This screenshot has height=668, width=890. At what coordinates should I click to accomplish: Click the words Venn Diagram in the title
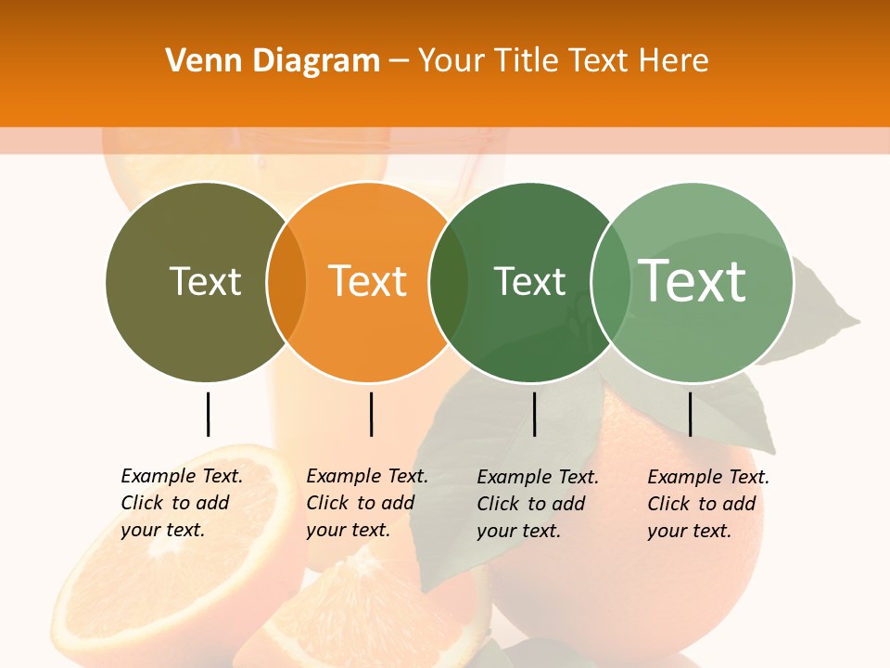coord(273,61)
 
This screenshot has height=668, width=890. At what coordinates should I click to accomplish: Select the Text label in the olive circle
coord(205,281)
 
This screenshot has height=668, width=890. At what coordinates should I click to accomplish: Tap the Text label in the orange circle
coord(367,281)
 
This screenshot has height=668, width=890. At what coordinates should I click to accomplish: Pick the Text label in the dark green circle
coord(529,281)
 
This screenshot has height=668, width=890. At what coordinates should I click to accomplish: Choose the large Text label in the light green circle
coord(693,280)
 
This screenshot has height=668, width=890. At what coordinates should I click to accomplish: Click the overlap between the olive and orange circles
coord(286,282)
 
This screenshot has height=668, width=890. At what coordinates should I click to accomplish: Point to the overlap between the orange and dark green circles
coord(449,282)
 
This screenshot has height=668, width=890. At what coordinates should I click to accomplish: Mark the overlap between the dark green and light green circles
coord(610,282)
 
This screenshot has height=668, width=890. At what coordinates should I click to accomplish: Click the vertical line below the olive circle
coord(208,414)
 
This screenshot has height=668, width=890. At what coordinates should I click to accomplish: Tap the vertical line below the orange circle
coord(371,414)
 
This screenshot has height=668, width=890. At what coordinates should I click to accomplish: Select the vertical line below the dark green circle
coord(534,414)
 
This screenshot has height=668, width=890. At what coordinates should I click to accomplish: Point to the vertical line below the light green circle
coord(690,414)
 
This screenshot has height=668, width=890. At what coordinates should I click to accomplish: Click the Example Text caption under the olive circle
coord(181,503)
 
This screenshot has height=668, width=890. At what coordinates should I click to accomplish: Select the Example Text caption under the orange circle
coord(366,503)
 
